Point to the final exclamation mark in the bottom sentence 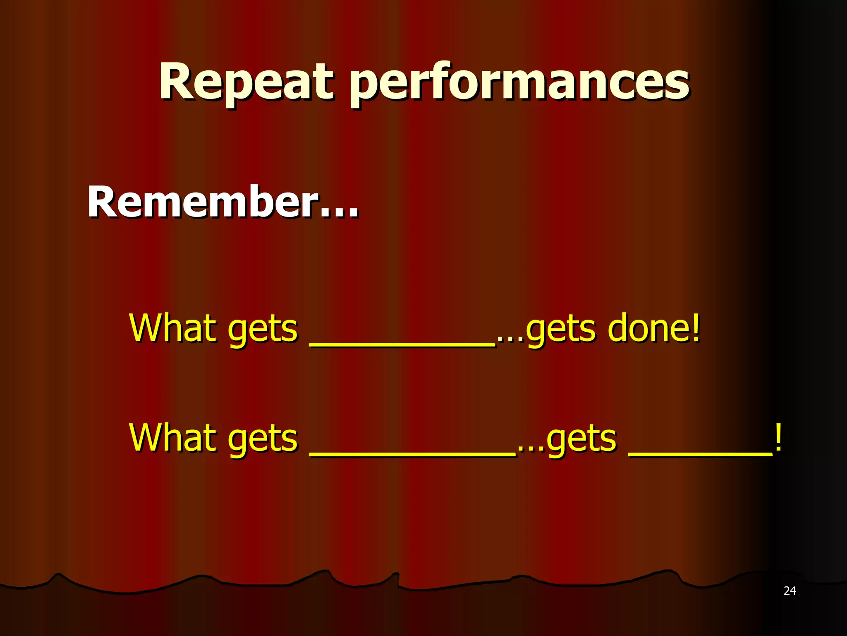coord(778,438)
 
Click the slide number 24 coord(790,591)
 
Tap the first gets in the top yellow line coord(263,331)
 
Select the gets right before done coord(560,331)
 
